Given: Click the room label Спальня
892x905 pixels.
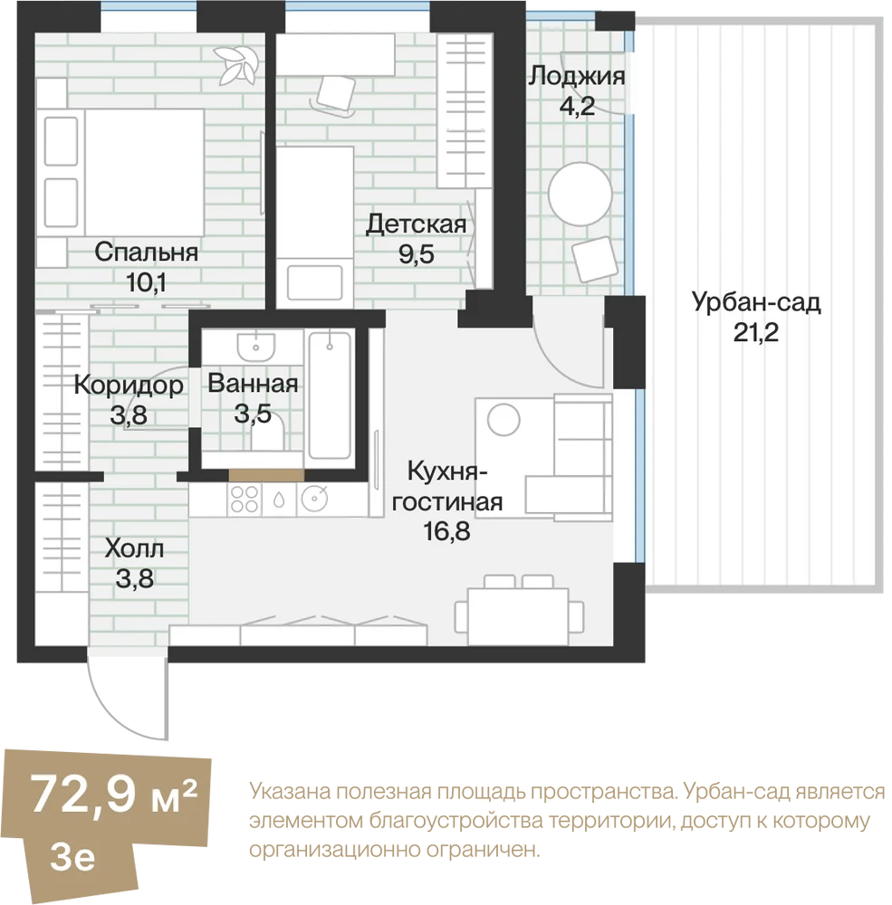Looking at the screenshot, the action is [x=146, y=252].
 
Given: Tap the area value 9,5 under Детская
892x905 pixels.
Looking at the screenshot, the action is [x=417, y=254].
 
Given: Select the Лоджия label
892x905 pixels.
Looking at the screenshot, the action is [x=577, y=76].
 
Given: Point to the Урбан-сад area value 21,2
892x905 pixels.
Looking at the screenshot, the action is [x=755, y=332].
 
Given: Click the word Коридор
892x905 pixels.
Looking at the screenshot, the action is [x=129, y=386].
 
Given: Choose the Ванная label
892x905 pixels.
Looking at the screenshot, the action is [x=253, y=384].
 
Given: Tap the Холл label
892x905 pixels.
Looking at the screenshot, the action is [x=134, y=548].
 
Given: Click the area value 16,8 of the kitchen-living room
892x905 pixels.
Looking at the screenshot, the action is [x=446, y=531].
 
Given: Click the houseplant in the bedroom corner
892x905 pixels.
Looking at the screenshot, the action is [x=235, y=64].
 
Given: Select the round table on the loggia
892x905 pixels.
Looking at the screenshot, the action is [x=580, y=194].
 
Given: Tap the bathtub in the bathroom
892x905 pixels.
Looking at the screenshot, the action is [x=330, y=395].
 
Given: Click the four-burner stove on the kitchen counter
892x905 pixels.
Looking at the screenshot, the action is [x=245, y=500].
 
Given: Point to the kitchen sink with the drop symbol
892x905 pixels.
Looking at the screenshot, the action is [x=279, y=500].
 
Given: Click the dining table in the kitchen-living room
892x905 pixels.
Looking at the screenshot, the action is [x=518, y=615].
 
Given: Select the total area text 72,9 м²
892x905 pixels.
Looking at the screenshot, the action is [x=114, y=794].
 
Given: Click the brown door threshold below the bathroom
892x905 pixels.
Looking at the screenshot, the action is [x=266, y=476].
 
